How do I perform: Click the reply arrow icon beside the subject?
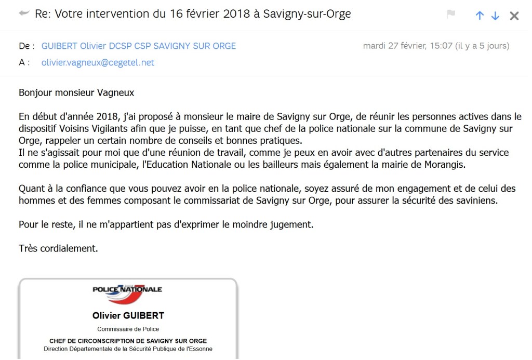(x=24, y=14)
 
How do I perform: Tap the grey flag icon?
(x=451, y=14)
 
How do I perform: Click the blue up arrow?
(x=480, y=16)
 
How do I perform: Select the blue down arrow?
(x=495, y=16)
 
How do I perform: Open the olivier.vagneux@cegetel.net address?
(x=98, y=63)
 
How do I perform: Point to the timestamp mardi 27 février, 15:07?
(x=407, y=46)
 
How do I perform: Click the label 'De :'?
(x=26, y=46)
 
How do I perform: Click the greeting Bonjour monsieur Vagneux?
(x=76, y=93)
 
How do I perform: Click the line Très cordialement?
(x=58, y=248)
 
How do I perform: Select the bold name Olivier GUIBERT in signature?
(x=128, y=316)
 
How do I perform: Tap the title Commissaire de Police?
(x=128, y=329)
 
